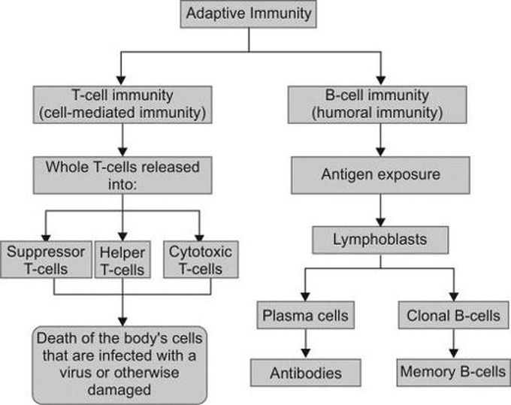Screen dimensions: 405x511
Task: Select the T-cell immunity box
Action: [x=121, y=105]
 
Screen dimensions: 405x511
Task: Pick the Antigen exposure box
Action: [x=381, y=174]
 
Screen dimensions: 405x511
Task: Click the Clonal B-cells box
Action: [x=454, y=314]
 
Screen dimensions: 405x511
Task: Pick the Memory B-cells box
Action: [x=454, y=372]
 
